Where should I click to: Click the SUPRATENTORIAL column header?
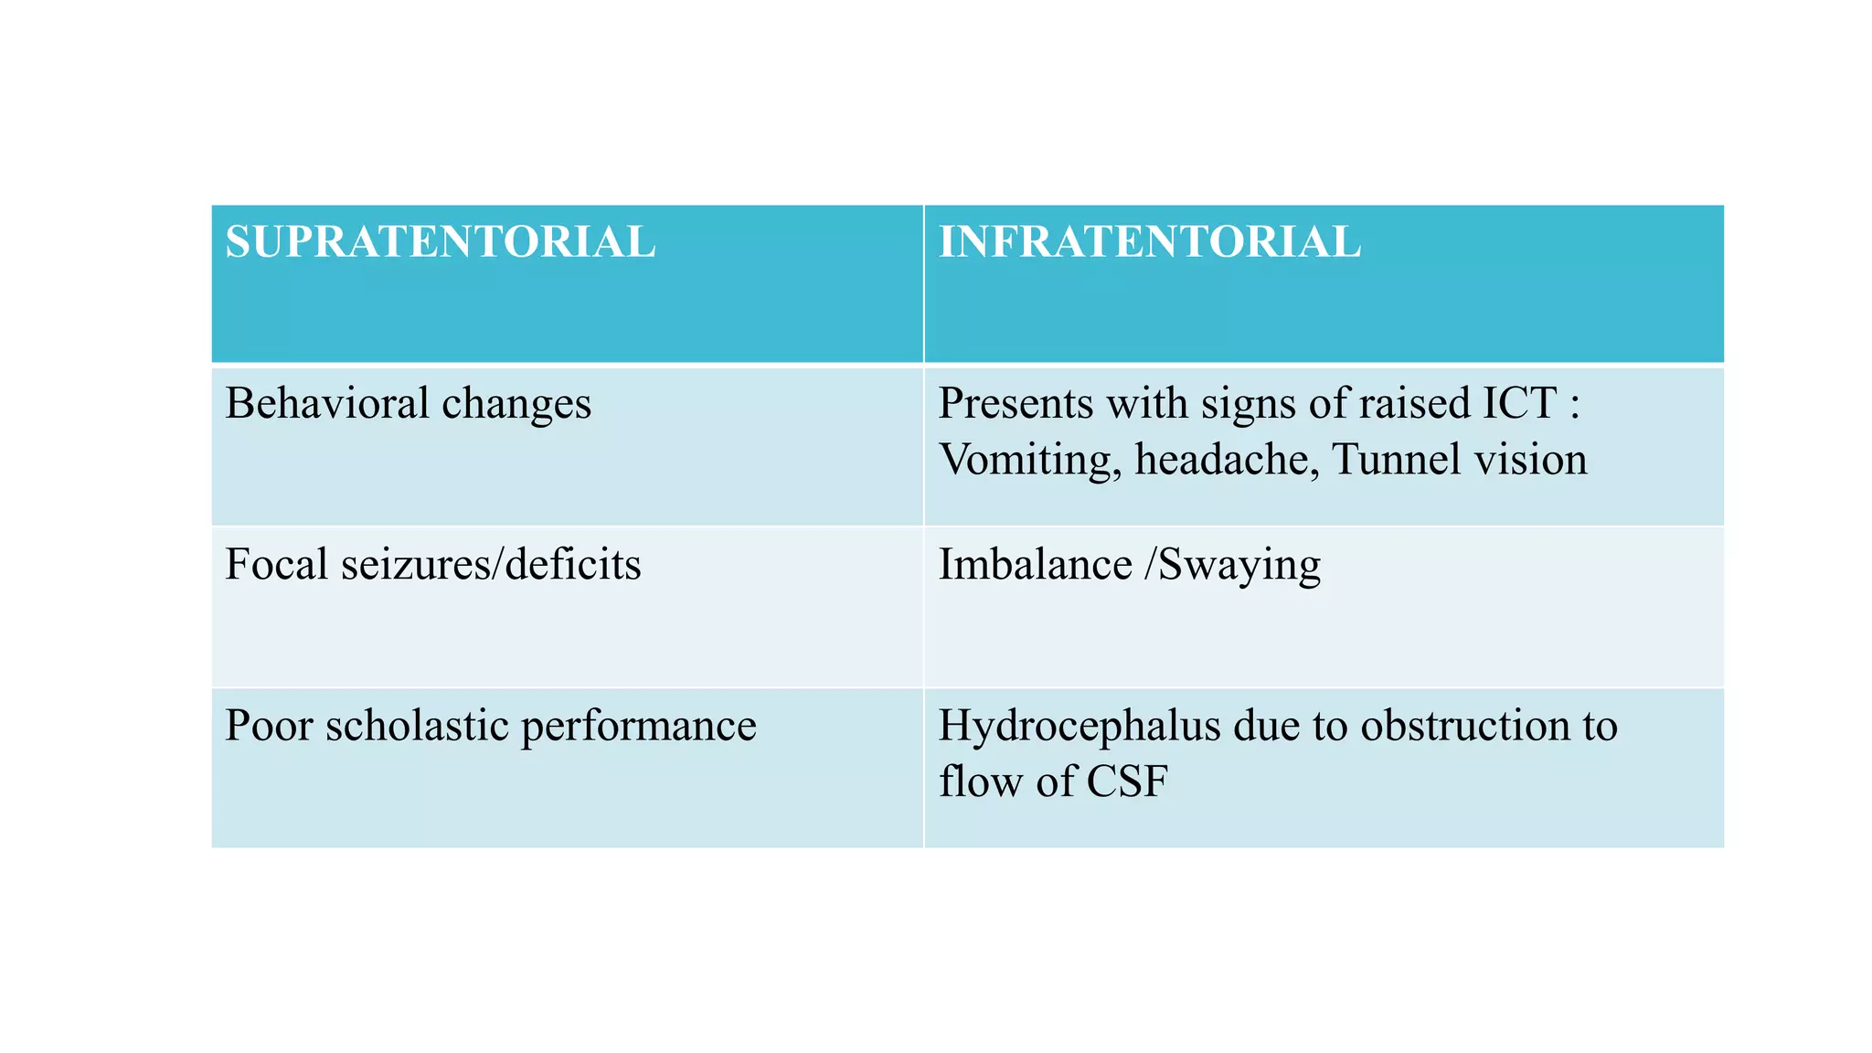pos(440,243)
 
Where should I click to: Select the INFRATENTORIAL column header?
pos(1150,243)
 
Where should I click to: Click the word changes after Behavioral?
pos(516,405)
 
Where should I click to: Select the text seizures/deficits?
pos(491,564)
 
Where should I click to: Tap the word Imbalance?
pos(1036,564)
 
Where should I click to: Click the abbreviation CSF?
pos(1127,782)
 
